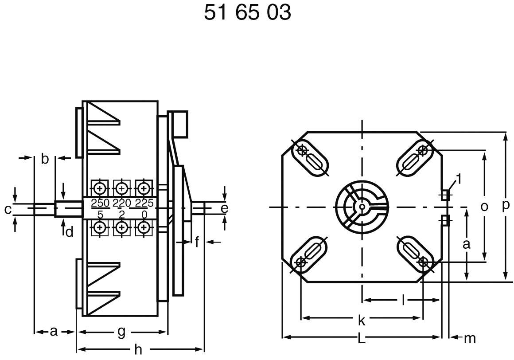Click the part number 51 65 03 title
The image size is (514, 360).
click(x=247, y=12)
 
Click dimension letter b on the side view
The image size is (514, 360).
click(x=45, y=159)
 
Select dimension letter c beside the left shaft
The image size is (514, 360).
click(x=8, y=209)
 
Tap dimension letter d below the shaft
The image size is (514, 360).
click(x=69, y=231)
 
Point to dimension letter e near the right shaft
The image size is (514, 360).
click(x=224, y=208)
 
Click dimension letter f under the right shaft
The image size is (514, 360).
click(x=197, y=242)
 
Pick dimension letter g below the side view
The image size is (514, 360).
click(x=121, y=332)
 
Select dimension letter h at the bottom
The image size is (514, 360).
click(x=138, y=350)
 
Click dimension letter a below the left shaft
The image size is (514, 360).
click(x=53, y=331)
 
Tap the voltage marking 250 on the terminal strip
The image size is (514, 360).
click(x=100, y=203)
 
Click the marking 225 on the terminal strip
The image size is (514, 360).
click(x=144, y=203)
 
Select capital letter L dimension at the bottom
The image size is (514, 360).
click(x=361, y=339)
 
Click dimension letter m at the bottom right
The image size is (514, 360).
click(x=469, y=339)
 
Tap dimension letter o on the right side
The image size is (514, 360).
click(x=484, y=207)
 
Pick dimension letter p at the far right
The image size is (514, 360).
click(x=506, y=207)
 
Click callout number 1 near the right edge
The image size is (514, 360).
click(x=459, y=179)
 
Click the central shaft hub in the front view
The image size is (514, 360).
click(x=362, y=207)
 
